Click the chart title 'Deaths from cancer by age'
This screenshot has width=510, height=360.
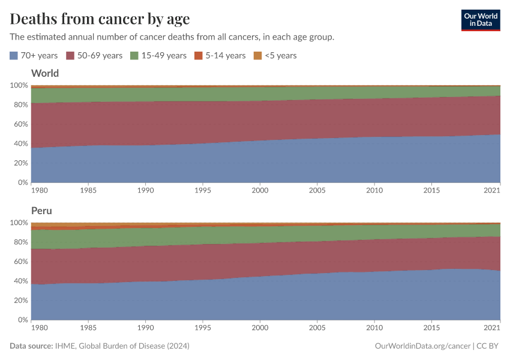click(x=100, y=19)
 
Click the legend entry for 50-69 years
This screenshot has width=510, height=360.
click(x=94, y=55)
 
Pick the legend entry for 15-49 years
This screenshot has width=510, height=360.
click(x=158, y=55)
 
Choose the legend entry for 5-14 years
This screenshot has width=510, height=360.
click(x=220, y=55)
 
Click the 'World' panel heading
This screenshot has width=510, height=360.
click(x=45, y=73)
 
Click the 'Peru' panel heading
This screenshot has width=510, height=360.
click(x=41, y=211)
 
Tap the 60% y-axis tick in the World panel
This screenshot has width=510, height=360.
click(x=19, y=124)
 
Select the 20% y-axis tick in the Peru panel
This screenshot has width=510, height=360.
click(x=19, y=301)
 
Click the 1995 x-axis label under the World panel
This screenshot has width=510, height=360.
click(x=203, y=190)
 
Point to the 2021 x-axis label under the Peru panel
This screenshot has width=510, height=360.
click(x=491, y=328)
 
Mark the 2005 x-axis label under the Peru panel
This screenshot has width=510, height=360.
click(x=317, y=328)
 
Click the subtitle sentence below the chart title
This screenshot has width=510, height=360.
click(x=172, y=37)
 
